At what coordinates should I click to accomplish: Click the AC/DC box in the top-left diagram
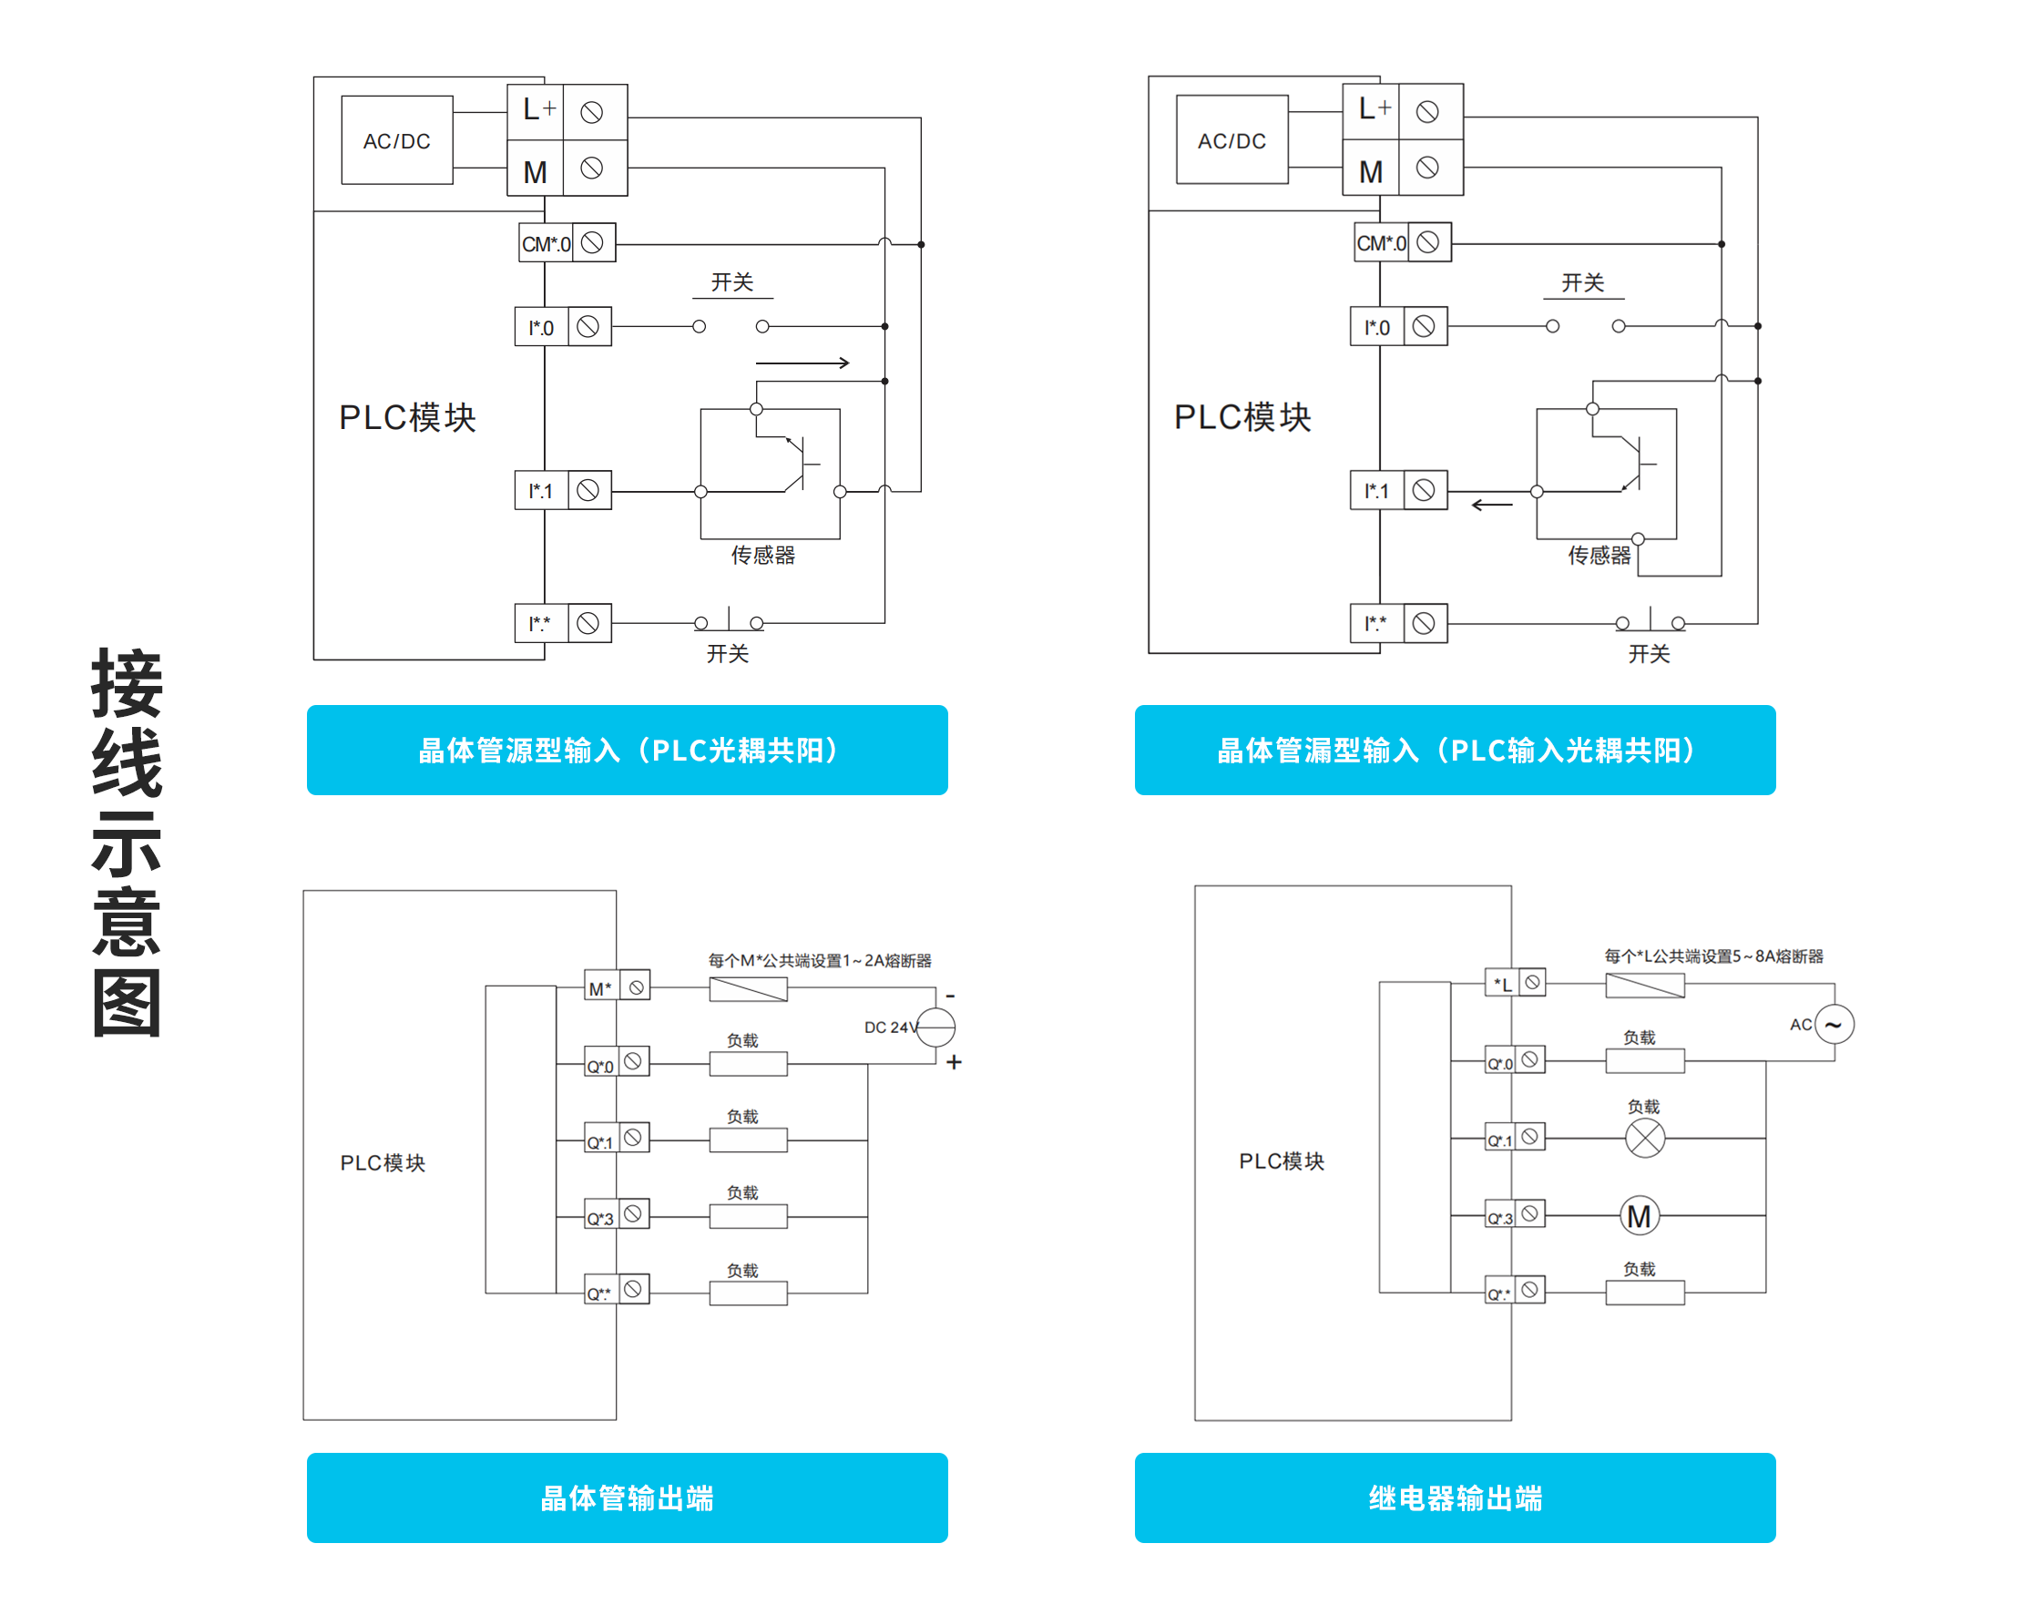tap(396, 140)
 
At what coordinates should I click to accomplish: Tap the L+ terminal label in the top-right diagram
tap(1373, 109)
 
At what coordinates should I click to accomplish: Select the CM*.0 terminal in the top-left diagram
tap(547, 244)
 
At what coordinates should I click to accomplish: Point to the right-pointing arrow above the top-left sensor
tap(802, 363)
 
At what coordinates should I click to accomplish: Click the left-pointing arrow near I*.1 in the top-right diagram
tap(1492, 505)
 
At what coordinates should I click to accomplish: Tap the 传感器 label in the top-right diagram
tap(1599, 555)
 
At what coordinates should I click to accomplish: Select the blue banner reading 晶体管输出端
tap(627, 1497)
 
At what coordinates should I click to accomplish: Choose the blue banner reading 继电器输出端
tap(1454, 1497)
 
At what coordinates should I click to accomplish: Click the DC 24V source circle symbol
tap(936, 1027)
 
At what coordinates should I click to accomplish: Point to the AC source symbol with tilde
tap(1834, 1024)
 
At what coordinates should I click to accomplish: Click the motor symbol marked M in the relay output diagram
tap(1639, 1216)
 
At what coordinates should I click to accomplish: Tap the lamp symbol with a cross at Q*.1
tap(1644, 1138)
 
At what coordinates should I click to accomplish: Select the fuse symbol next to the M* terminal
tap(748, 989)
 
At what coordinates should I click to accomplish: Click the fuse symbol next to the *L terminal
tap(1644, 986)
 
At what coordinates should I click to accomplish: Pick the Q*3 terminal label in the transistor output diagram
tap(600, 1218)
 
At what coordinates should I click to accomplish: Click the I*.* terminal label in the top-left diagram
tap(540, 623)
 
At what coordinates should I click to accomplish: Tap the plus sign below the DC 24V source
tap(954, 1062)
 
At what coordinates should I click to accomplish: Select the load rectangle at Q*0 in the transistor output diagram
tap(748, 1064)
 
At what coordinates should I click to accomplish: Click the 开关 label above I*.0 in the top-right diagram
tap(1581, 282)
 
